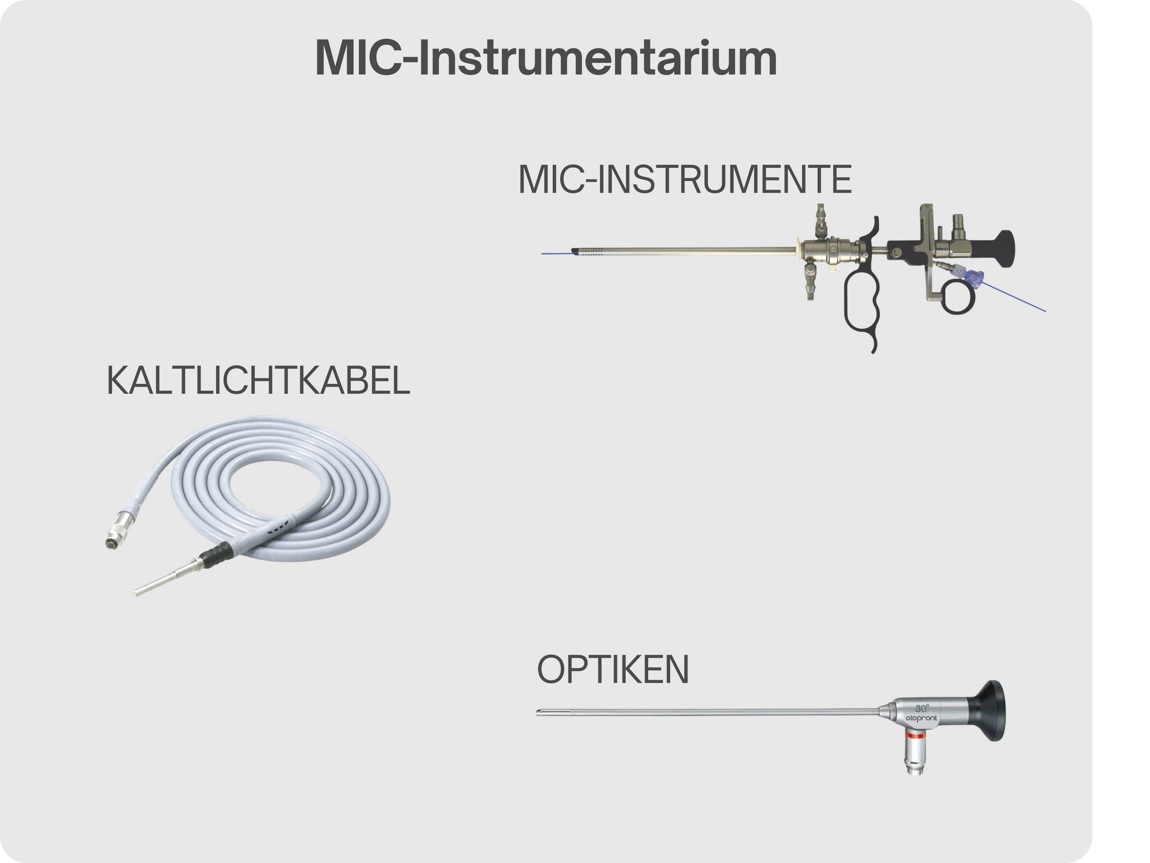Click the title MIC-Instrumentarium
546,58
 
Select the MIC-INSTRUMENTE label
685,179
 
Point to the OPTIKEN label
613,669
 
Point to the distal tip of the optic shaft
539,713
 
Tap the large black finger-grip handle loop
861,306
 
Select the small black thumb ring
958,298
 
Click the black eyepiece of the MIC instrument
1004,248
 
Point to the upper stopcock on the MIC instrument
820,222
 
